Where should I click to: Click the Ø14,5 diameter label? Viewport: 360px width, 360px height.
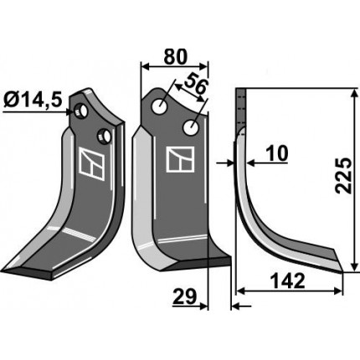pos(33,100)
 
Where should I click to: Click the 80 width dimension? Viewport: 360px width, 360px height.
pos(175,57)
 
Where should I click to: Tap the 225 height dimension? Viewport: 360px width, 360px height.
pos(343,175)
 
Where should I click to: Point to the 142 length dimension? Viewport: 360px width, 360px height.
pos(288,280)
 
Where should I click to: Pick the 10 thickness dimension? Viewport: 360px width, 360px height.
pos(276,154)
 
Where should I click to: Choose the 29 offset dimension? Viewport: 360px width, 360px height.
pos(184,296)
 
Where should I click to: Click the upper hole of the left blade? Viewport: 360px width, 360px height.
pos(80,111)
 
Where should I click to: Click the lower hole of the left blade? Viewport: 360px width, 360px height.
pos(105,136)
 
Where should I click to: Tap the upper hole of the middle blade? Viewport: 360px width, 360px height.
pos(160,106)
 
